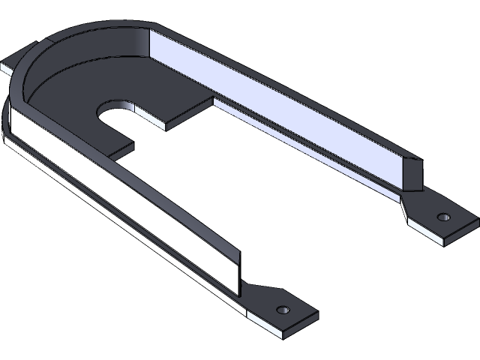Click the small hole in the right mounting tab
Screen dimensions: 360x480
pos(442,217)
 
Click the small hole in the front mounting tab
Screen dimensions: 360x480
pos(283,310)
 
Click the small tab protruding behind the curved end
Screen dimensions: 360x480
pos(15,62)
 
